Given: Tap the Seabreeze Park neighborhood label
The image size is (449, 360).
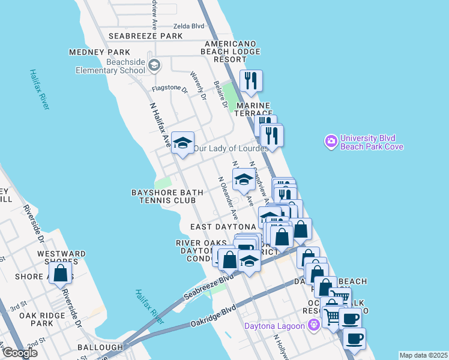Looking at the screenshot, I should tap(146, 36).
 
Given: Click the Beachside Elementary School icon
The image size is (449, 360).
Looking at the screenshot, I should tap(154, 65).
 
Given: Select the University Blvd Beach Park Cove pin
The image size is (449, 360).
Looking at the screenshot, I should tap(330, 142).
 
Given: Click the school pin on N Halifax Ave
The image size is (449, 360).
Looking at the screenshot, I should tap(182, 143).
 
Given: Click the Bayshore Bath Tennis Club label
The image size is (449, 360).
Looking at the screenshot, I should tap(167, 196).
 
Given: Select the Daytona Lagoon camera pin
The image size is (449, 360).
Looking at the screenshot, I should tap(313, 325).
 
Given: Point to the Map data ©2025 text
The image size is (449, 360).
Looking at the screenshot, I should tap(423, 355).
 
